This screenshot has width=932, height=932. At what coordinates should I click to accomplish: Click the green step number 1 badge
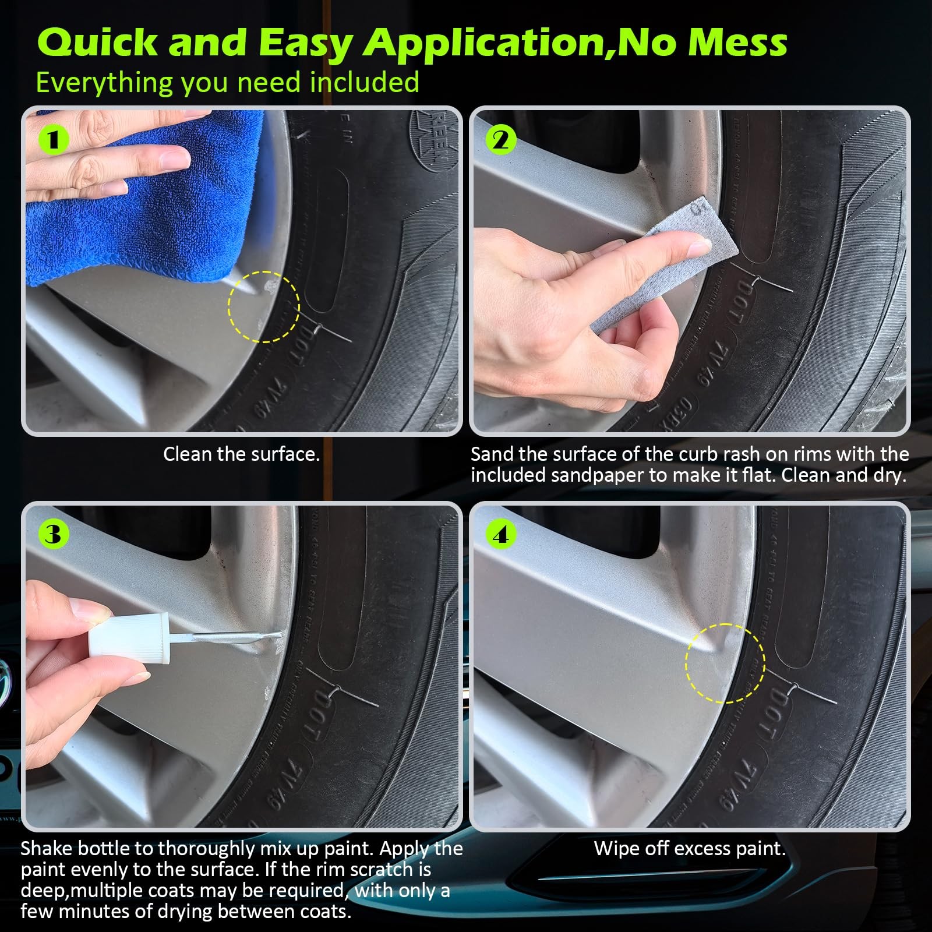click(54, 140)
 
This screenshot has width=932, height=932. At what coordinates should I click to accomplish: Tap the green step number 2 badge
click(501, 140)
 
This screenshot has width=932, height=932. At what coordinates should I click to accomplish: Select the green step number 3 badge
click(54, 534)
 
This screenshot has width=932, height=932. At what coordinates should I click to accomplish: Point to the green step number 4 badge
click(501, 534)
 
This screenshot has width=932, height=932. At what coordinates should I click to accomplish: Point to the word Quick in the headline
click(98, 42)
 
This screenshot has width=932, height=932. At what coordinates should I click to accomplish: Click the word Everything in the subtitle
click(105, 83)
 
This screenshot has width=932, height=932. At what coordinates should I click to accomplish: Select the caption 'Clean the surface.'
click(242, 454)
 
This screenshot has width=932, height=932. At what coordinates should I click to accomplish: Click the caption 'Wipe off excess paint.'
click(690, 848)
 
